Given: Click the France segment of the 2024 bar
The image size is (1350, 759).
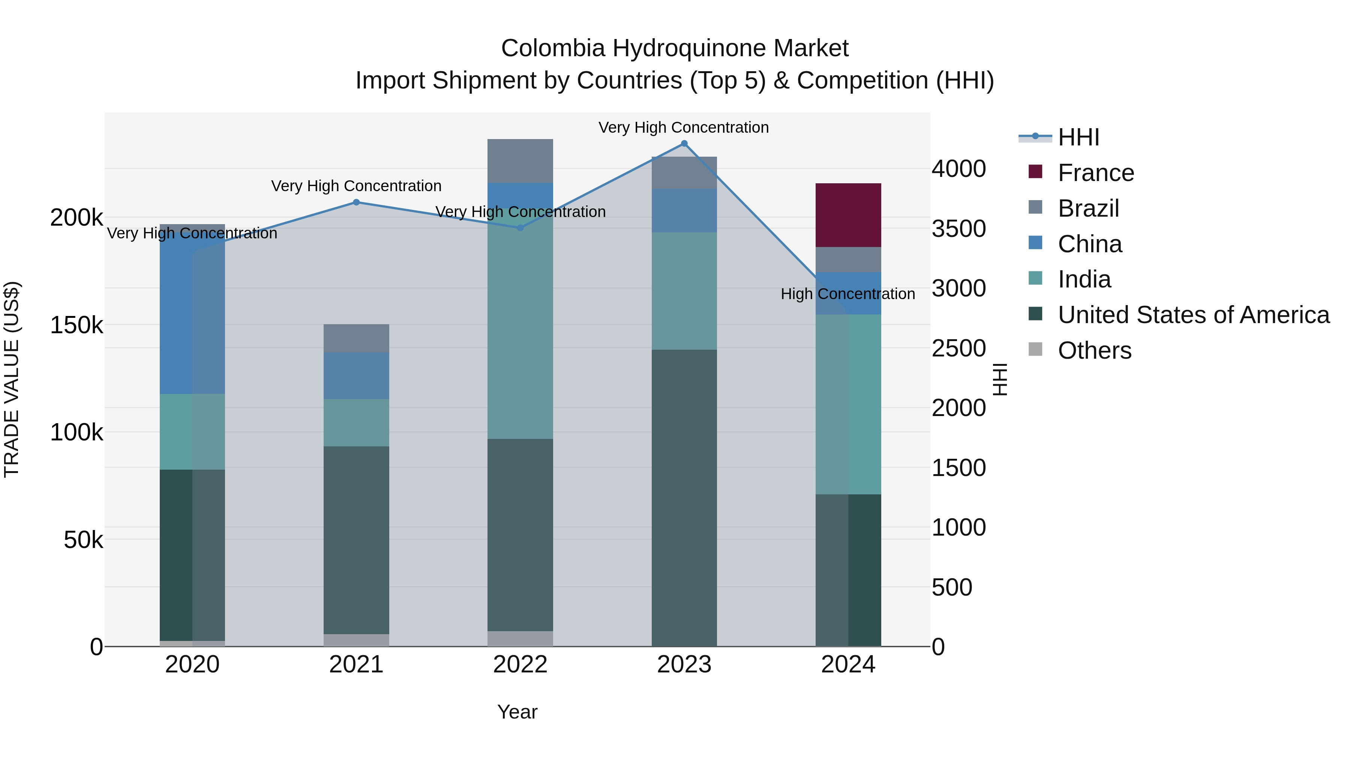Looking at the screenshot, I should click(x=848, y=215).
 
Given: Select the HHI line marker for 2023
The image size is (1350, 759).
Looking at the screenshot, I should click(x=684, y=144).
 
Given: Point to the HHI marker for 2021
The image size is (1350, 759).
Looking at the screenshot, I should click(x=356, y=202).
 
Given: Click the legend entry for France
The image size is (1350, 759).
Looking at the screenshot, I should click(x=1095, y=173).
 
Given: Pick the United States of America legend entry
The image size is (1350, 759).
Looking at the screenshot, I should click(x=1193, y=315).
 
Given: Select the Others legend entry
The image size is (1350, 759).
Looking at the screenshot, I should click(x=1094, y=350).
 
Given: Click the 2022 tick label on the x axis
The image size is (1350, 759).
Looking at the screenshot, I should click(x=520, y=665).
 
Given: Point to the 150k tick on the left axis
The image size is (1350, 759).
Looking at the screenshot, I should click(x=76, y=325).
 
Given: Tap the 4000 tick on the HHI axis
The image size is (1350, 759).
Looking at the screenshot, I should click(x=958, y=169).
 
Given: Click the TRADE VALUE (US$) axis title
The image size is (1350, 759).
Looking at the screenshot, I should click(x=12, y=379).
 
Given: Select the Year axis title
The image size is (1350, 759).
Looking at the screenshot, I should click(x=517, y=712).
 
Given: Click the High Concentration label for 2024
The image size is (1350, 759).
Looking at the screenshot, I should click(x=848, y=294).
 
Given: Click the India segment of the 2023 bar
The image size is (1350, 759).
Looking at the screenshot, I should click(x=684, y=291).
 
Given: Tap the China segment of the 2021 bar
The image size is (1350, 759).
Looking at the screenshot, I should click(x=356, y=376).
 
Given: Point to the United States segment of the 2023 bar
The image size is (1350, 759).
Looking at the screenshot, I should click(x=684, y=498).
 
